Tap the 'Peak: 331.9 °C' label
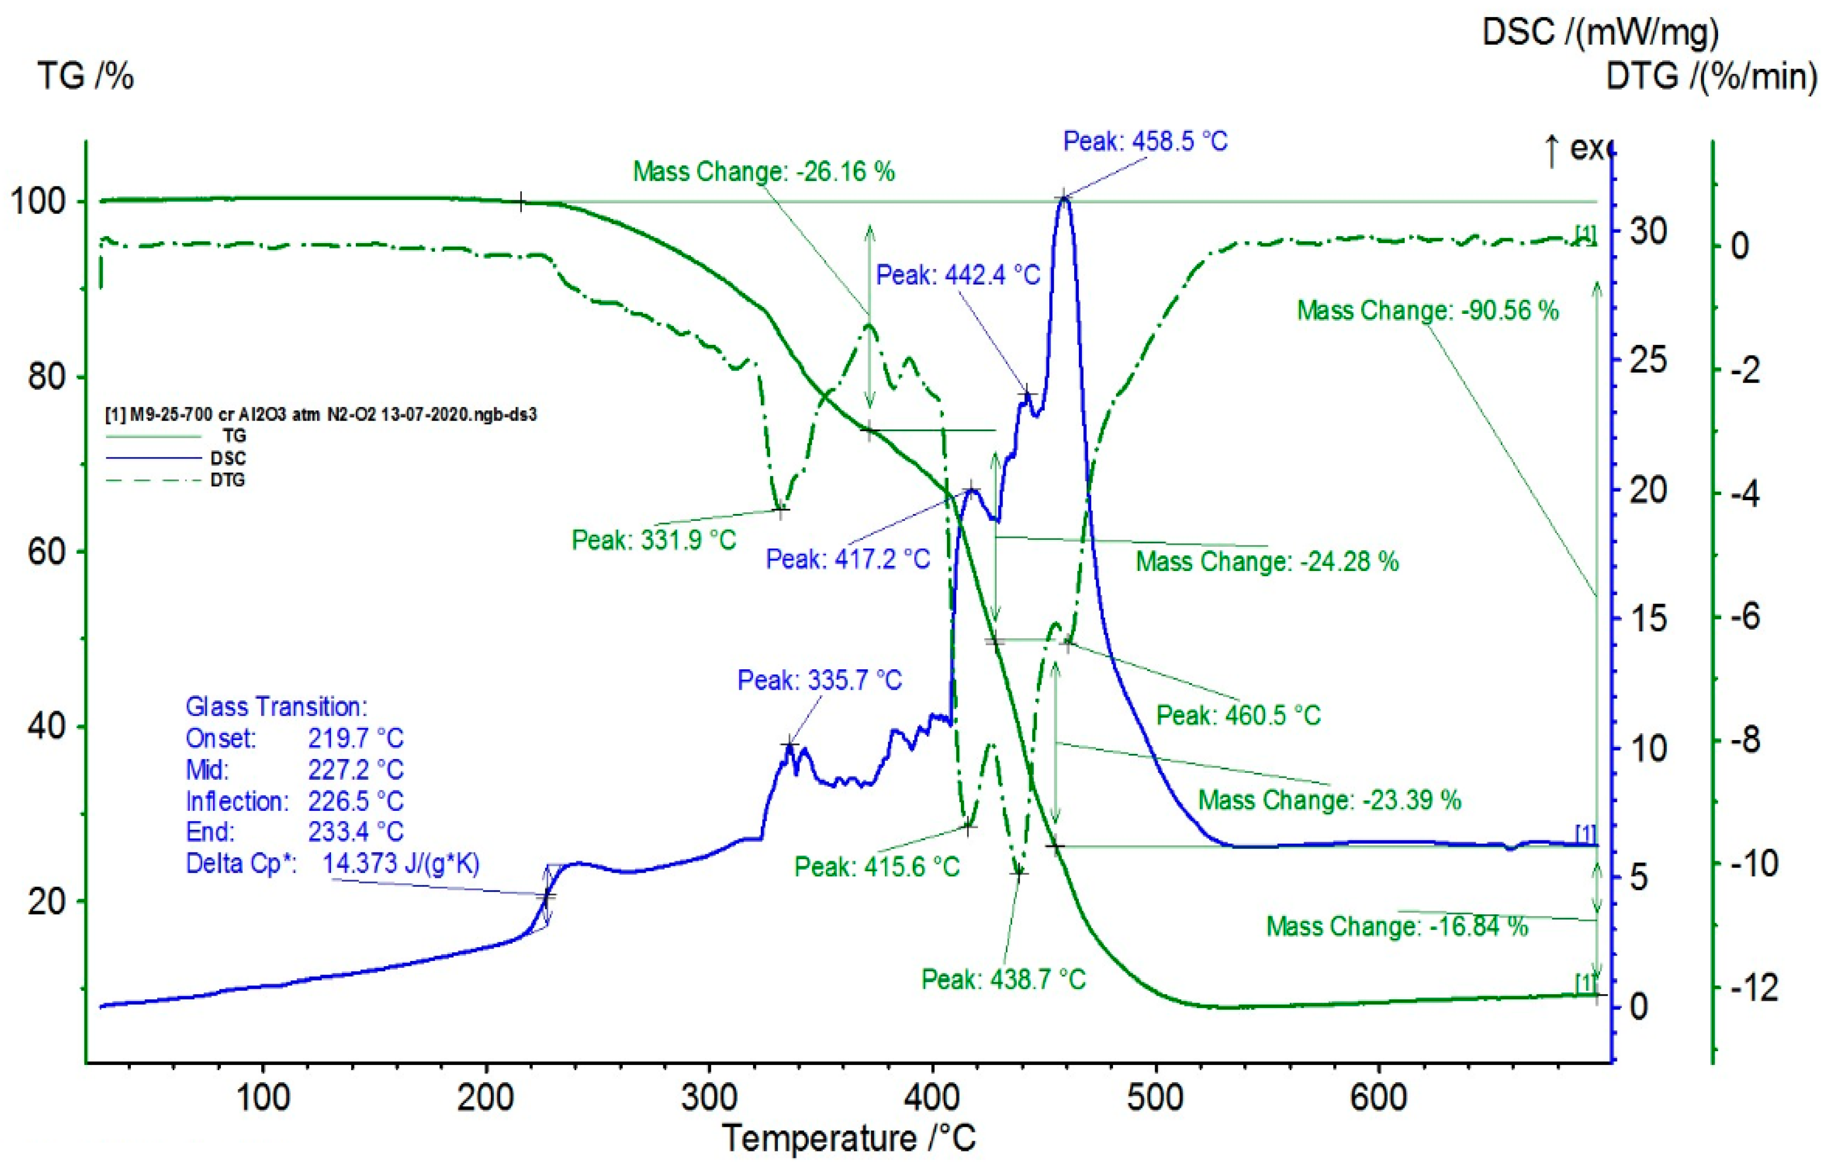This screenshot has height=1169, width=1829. [x=654, y=540]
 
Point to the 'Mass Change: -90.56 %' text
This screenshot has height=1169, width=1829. [x=1427, y=311]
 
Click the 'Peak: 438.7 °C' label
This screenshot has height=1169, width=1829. [x=1003, y=979]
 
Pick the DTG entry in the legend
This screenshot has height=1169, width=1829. [x=227, y=480]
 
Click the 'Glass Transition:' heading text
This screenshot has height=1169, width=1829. [x=276, y=707]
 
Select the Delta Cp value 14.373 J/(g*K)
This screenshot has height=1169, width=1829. [x=401, y=863]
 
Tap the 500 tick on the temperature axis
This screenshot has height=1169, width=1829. [x=1155, y=1098]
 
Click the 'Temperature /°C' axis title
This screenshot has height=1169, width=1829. [x=849, y=1138]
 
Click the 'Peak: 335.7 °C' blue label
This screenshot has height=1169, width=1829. [x=820, y=680]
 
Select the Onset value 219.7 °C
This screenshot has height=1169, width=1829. [x=355, y=738]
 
